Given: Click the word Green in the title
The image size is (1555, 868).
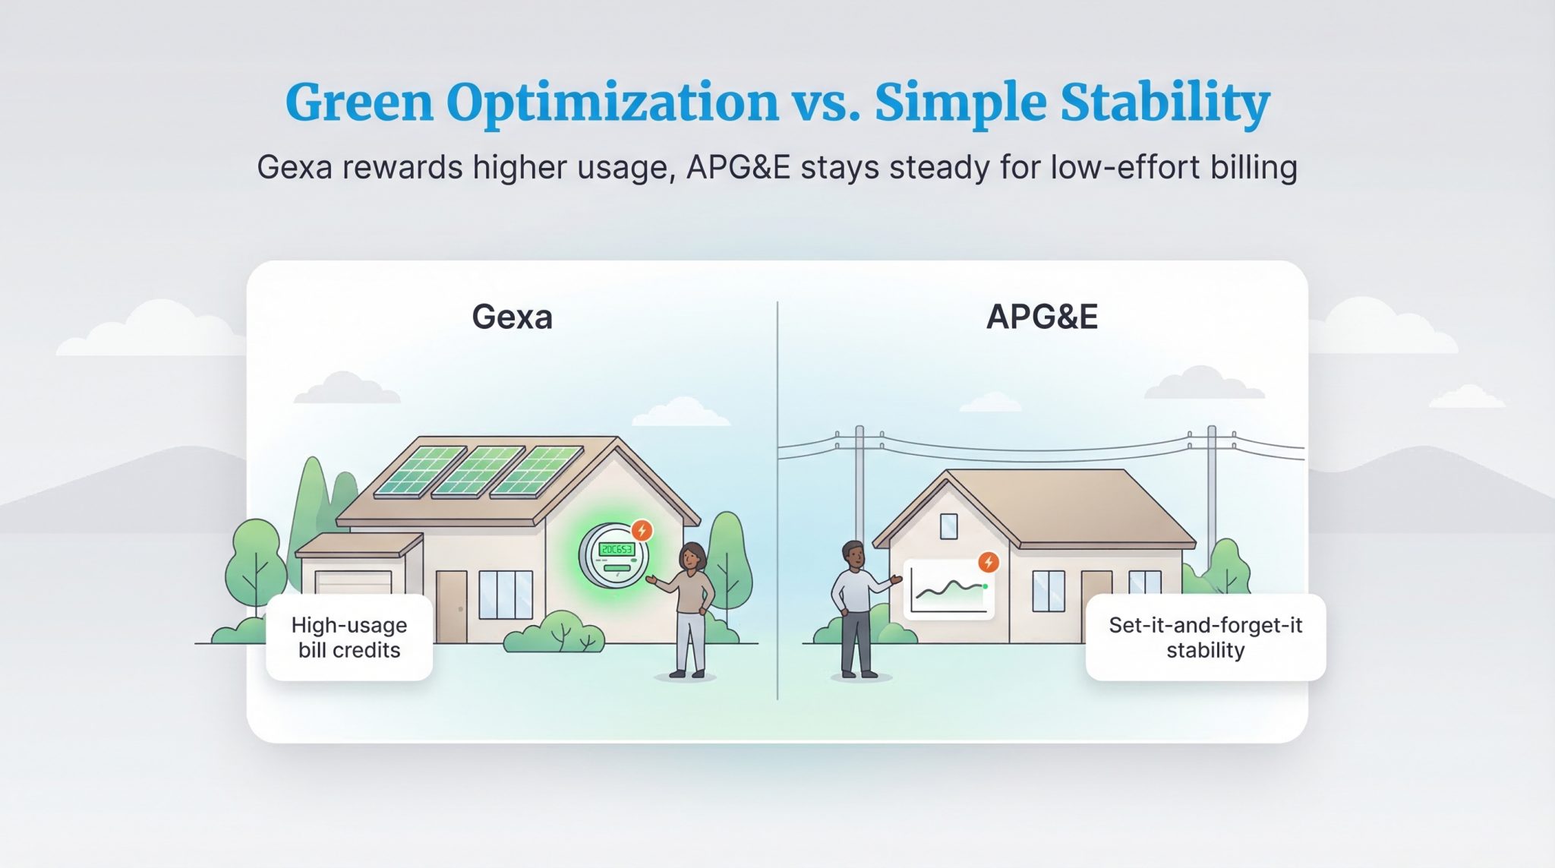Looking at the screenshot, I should [x=358, y=103].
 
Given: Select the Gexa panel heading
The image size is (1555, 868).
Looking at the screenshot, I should [x=512, y=317].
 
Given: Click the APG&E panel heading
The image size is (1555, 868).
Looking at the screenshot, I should [x=1042, y=317].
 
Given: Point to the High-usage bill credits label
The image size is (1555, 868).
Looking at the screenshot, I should [x=349, y=638].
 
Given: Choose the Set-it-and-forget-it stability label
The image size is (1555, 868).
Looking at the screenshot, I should [x=1205, y=638].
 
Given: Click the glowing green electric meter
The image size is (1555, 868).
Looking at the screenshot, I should [x=613, y=555].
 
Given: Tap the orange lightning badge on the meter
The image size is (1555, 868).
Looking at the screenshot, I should [x=642, y=530].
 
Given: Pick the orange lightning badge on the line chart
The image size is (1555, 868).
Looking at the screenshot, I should [x=988, y=562].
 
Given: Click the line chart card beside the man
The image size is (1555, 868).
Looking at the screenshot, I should [x=949, y=591].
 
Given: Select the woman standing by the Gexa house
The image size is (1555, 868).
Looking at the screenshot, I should [x=691, y=608].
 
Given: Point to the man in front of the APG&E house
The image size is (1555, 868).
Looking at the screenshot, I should [x=856, y=608].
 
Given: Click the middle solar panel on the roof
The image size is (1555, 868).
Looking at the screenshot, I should [x=478, y=472].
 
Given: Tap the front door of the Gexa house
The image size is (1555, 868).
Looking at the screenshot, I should [x=451, y=606].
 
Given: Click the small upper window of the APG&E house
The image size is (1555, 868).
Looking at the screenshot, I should [x=948, y=526].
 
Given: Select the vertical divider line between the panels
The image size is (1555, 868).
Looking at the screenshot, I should [x=777, y=501].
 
